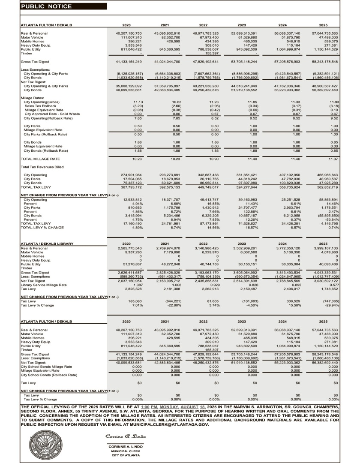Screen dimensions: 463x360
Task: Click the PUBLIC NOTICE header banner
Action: [63, 6]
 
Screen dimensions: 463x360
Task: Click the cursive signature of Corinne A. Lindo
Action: [126, 436]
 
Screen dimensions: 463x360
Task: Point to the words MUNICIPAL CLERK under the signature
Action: [124, 451]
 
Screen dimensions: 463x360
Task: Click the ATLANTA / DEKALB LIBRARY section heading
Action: [47, 244]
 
